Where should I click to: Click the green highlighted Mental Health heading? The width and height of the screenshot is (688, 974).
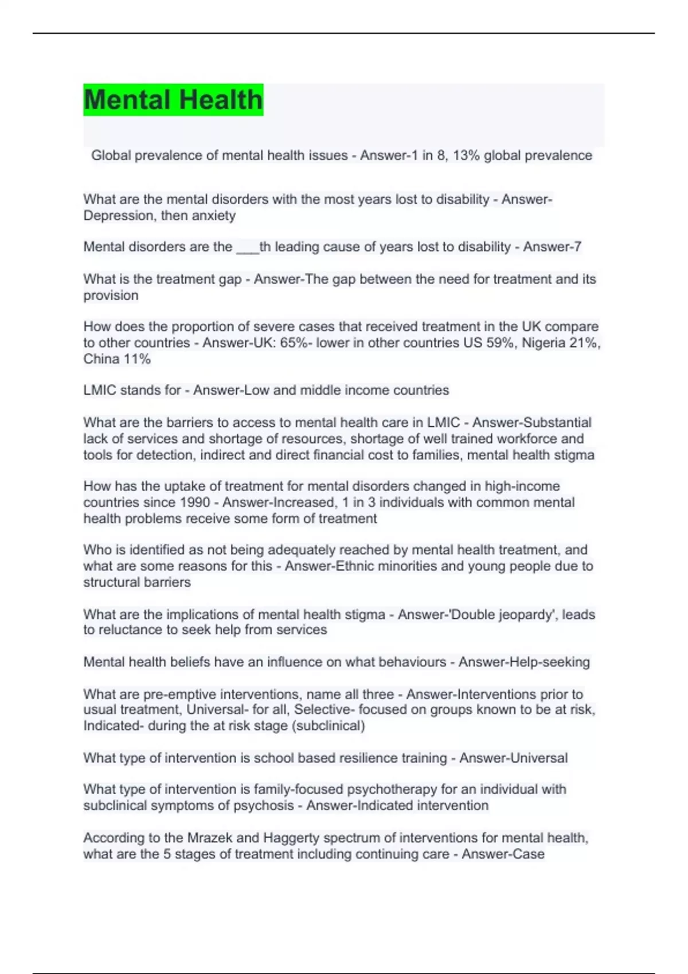(x=173, y=100)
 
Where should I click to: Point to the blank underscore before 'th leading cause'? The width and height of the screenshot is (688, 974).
(x=247, y=248)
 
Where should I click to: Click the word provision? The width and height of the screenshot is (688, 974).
(x=111, y=296)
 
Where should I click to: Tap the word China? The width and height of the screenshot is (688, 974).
(x=101, y=359)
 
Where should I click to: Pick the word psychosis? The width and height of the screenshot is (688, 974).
(x=263, y=806)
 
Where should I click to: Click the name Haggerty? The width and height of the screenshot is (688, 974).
(x=291, y=838)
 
